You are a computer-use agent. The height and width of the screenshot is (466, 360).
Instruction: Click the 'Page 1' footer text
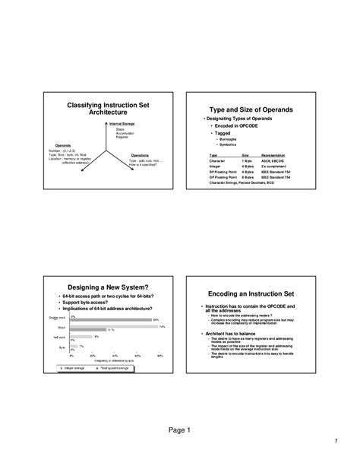coord(179,430)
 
